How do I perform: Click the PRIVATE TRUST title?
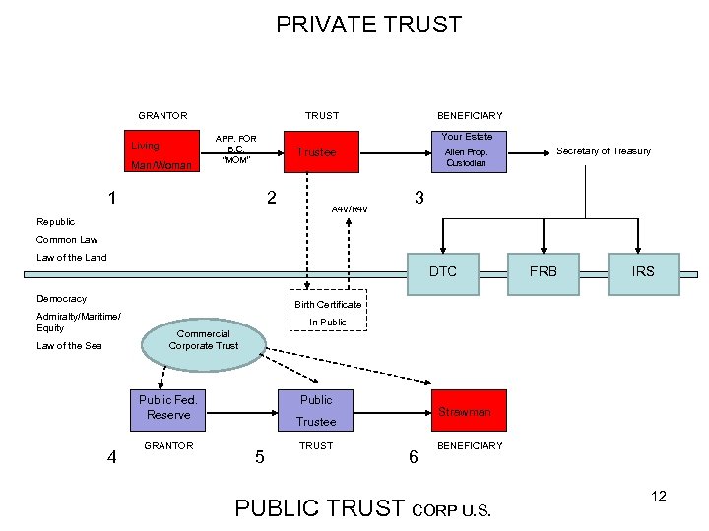368,25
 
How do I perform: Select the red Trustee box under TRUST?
317,152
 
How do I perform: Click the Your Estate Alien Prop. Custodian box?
467,151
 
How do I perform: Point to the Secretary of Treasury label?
604,151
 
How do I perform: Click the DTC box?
443,271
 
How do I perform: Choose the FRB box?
544,271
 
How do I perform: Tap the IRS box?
643,271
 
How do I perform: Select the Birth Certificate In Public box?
327,312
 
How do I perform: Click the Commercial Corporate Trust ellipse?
204,339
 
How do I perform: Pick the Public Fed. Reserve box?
168,408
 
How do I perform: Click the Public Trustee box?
316,410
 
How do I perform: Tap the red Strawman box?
465,411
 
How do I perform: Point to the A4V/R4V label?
350,209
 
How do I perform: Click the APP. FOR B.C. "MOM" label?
235,149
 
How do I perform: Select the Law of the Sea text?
69,346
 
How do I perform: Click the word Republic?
55,221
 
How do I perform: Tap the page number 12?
659,496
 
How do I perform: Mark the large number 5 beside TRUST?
259,456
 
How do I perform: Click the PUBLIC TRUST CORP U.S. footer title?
362,508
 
